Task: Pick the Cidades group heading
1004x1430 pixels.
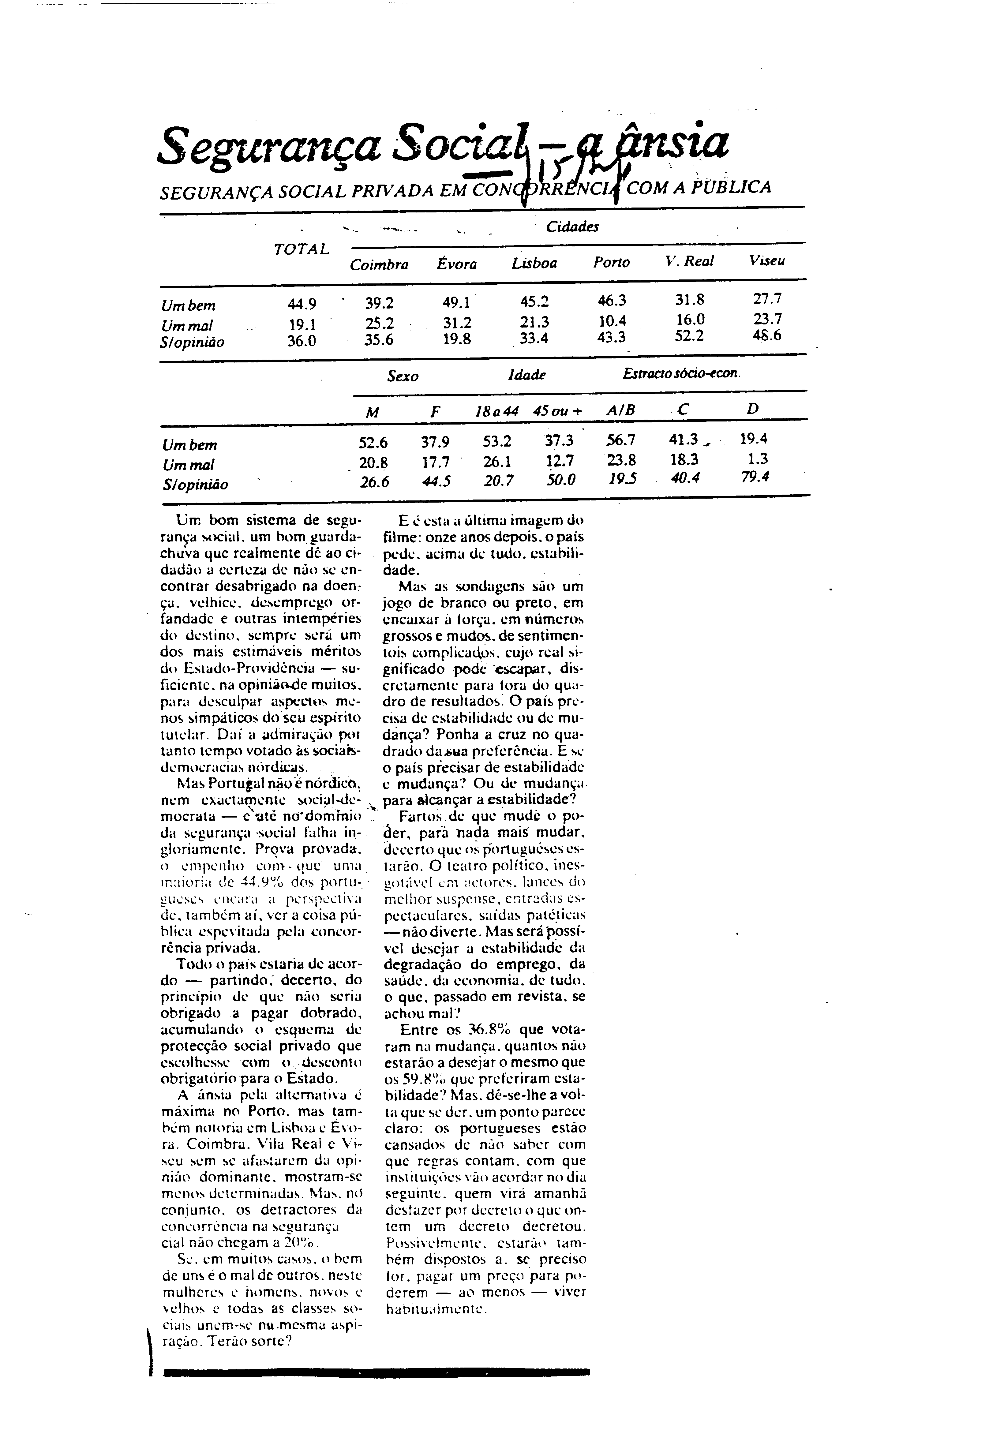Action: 572,227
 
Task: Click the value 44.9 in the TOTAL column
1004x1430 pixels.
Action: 302,305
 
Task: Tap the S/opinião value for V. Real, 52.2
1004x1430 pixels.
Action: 689,336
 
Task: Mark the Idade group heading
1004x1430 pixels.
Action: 526,375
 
